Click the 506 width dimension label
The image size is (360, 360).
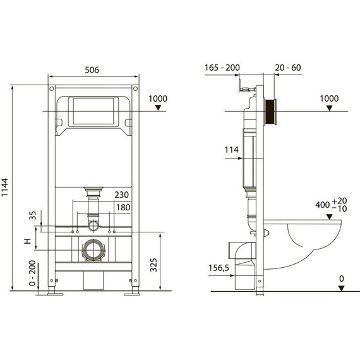92,70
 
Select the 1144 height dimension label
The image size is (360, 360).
5,187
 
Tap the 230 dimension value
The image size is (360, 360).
122,195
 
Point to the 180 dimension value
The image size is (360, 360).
123,207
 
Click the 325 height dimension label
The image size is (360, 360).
153,265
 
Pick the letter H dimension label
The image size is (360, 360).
28,241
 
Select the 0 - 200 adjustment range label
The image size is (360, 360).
32,273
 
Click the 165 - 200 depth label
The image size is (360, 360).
222,68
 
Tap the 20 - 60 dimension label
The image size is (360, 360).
288,68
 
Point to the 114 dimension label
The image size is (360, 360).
232,150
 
